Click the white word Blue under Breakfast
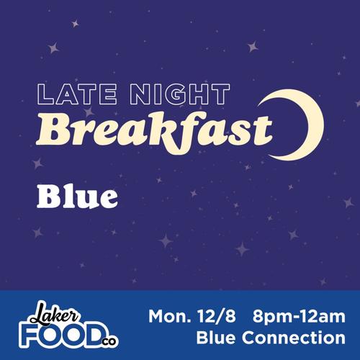click(x=77, y=196)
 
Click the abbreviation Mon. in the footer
click(x=173, y=316)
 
